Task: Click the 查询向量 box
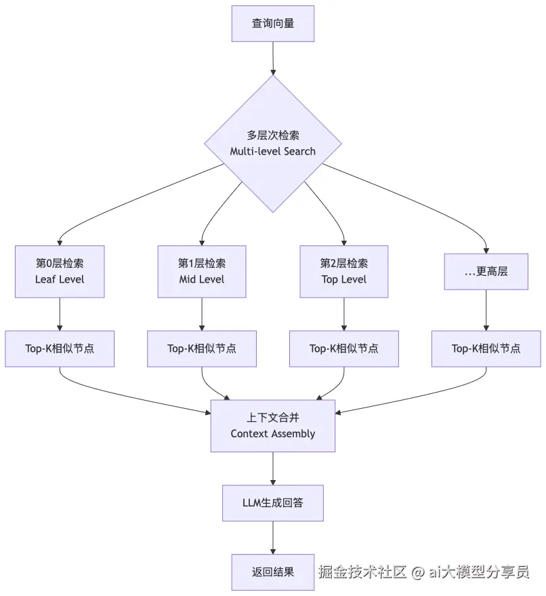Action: click(x=273, y=24)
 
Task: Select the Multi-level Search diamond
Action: click(x=273, y=143)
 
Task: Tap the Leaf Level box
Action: click(x=60, y=271)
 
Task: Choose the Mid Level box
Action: click(x=202, y=271)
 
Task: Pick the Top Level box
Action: click(x=344, y=271)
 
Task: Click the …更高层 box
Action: click(x=486, y=271)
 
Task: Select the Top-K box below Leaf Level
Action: click(x=60, y=349)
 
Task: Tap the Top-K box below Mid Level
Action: click(x=202, y=349)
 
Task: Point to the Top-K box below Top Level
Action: click(x=344, y=349)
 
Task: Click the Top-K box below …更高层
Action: click(x=486, y=349)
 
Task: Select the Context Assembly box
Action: click(x=273, y=426)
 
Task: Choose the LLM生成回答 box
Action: click(x=273, y=503)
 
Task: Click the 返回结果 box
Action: click(x=273, y=572)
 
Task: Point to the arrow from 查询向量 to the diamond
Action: click(x=273, y=58)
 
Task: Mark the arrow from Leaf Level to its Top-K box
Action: click(x=60, y=314)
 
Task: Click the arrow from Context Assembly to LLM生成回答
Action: click(x=273, y=468)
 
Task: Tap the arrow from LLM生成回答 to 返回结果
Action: click(x=273, y=538)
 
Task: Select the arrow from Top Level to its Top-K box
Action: click(x=344, y=314)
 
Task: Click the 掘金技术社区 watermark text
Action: click(x=362, y=572)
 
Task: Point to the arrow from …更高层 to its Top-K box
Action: click(x=486, y=311)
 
